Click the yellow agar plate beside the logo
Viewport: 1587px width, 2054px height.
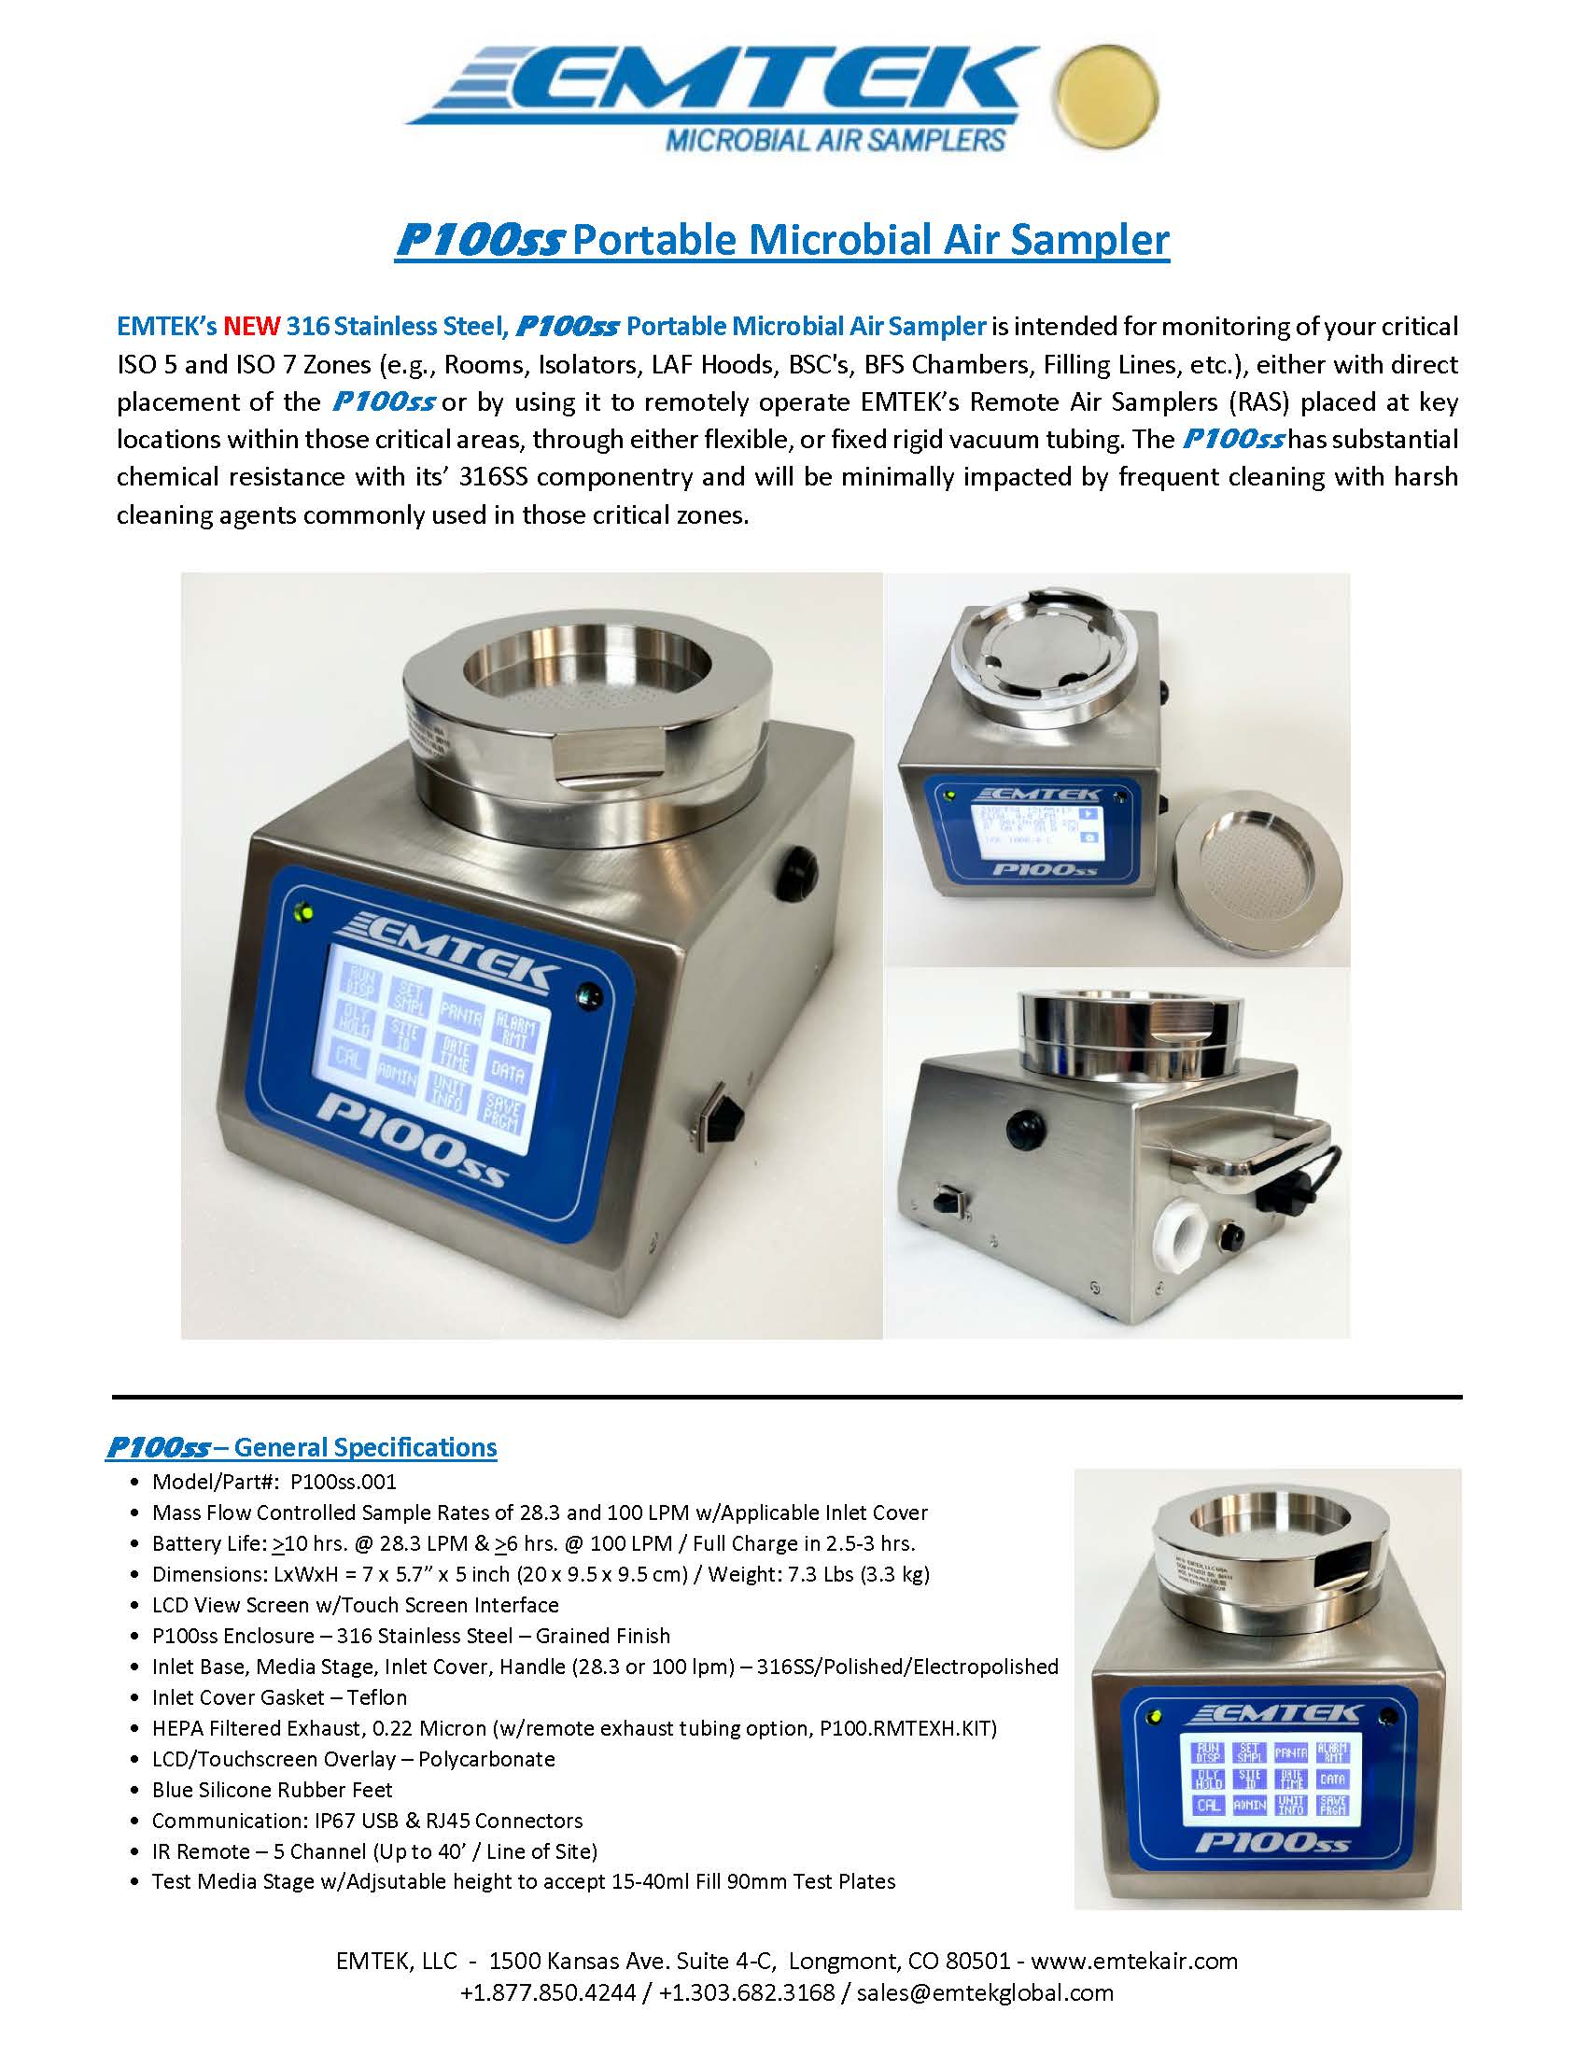[x=1106, y=99]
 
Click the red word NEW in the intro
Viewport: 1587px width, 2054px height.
[x=251, y=327]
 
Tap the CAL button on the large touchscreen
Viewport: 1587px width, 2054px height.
[x=350, y=1056]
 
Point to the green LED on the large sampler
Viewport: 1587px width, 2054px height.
[x=303, y=911]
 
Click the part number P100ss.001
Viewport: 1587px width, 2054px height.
[x=344, y=1482]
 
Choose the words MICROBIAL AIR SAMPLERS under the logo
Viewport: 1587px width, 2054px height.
[x=836, y=141]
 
